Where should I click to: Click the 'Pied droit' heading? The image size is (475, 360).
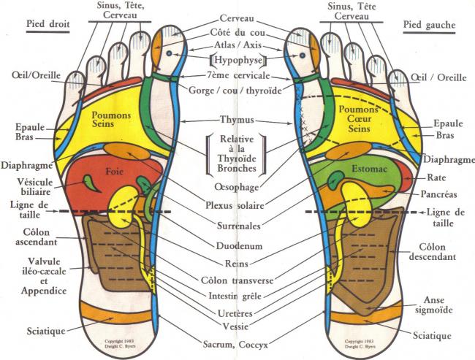click(x=47, y=24)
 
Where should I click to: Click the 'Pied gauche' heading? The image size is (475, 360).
click(x=429, y=25)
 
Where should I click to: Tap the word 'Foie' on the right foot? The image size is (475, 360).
click(x=114, y=172)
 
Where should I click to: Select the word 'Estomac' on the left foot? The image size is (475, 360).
click(x=369, y=169)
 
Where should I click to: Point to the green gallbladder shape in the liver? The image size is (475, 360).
click(x=91, y=183)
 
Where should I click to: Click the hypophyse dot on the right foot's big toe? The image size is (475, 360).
click(x=169, y=53)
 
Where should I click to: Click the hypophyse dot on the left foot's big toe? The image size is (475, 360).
click(x=302, y=55)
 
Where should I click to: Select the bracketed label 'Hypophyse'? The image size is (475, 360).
click(x=237, y=60)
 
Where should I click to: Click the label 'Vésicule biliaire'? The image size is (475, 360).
click(x=34, y=187)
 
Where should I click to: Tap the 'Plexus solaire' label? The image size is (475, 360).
click(x=235, y=206)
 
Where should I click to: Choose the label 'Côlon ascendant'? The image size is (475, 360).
click(x=37, y=237)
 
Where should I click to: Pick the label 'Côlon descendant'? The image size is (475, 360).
click(x=433, y=252)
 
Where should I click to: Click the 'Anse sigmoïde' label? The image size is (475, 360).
click(x=434, y=305)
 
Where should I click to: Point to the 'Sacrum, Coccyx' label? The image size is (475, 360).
click(x=235, y=345)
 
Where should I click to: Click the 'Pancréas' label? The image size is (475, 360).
click(x=438, y=194)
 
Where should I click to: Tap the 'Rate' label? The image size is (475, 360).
click(x=436, y=177)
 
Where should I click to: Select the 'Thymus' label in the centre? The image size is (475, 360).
click(x=237, y=120)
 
